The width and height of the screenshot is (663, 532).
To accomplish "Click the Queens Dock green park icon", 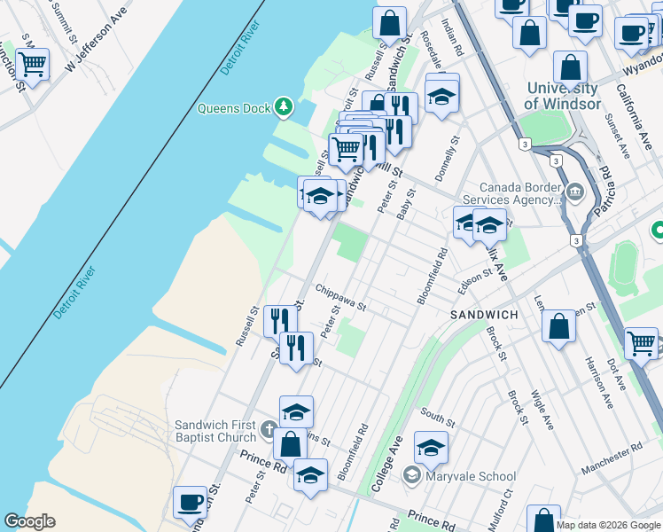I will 284,108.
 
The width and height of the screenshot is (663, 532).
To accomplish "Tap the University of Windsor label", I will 561,96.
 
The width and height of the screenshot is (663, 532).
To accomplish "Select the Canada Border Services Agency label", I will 521,193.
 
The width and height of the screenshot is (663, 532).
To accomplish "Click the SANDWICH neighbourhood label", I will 484,315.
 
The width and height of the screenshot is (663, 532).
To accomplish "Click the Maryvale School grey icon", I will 412,476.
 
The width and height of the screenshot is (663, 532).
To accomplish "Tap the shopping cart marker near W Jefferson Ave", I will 32,64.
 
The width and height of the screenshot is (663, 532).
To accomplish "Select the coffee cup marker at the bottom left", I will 190,502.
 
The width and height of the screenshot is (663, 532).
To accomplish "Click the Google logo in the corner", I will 29,521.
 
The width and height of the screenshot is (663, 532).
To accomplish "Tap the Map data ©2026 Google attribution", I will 607,525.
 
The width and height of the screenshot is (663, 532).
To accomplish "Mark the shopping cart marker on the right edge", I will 641,342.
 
